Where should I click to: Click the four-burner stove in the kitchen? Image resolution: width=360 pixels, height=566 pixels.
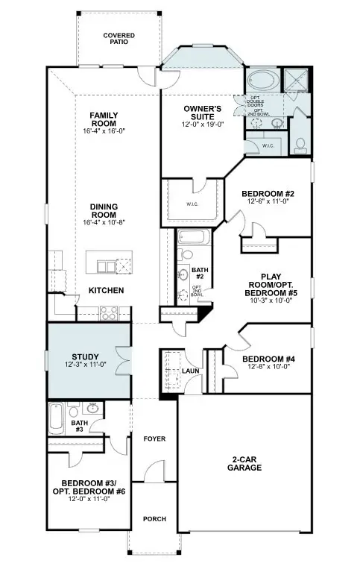pos(108,314)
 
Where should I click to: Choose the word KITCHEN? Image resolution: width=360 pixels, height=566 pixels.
pos(107,290)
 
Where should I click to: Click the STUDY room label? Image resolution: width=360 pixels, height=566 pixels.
pos(86,356)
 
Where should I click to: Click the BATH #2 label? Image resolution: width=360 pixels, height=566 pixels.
pos(199,274)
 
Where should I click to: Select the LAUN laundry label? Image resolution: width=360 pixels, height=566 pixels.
pos(190,371)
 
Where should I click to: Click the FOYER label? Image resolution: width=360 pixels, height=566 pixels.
pos(154,439)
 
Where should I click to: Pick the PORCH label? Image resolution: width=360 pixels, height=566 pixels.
pos(154,519)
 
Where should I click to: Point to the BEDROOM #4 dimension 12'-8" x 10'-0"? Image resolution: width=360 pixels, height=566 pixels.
pos(269,368)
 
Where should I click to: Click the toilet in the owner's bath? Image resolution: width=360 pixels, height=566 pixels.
pos(302,144)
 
